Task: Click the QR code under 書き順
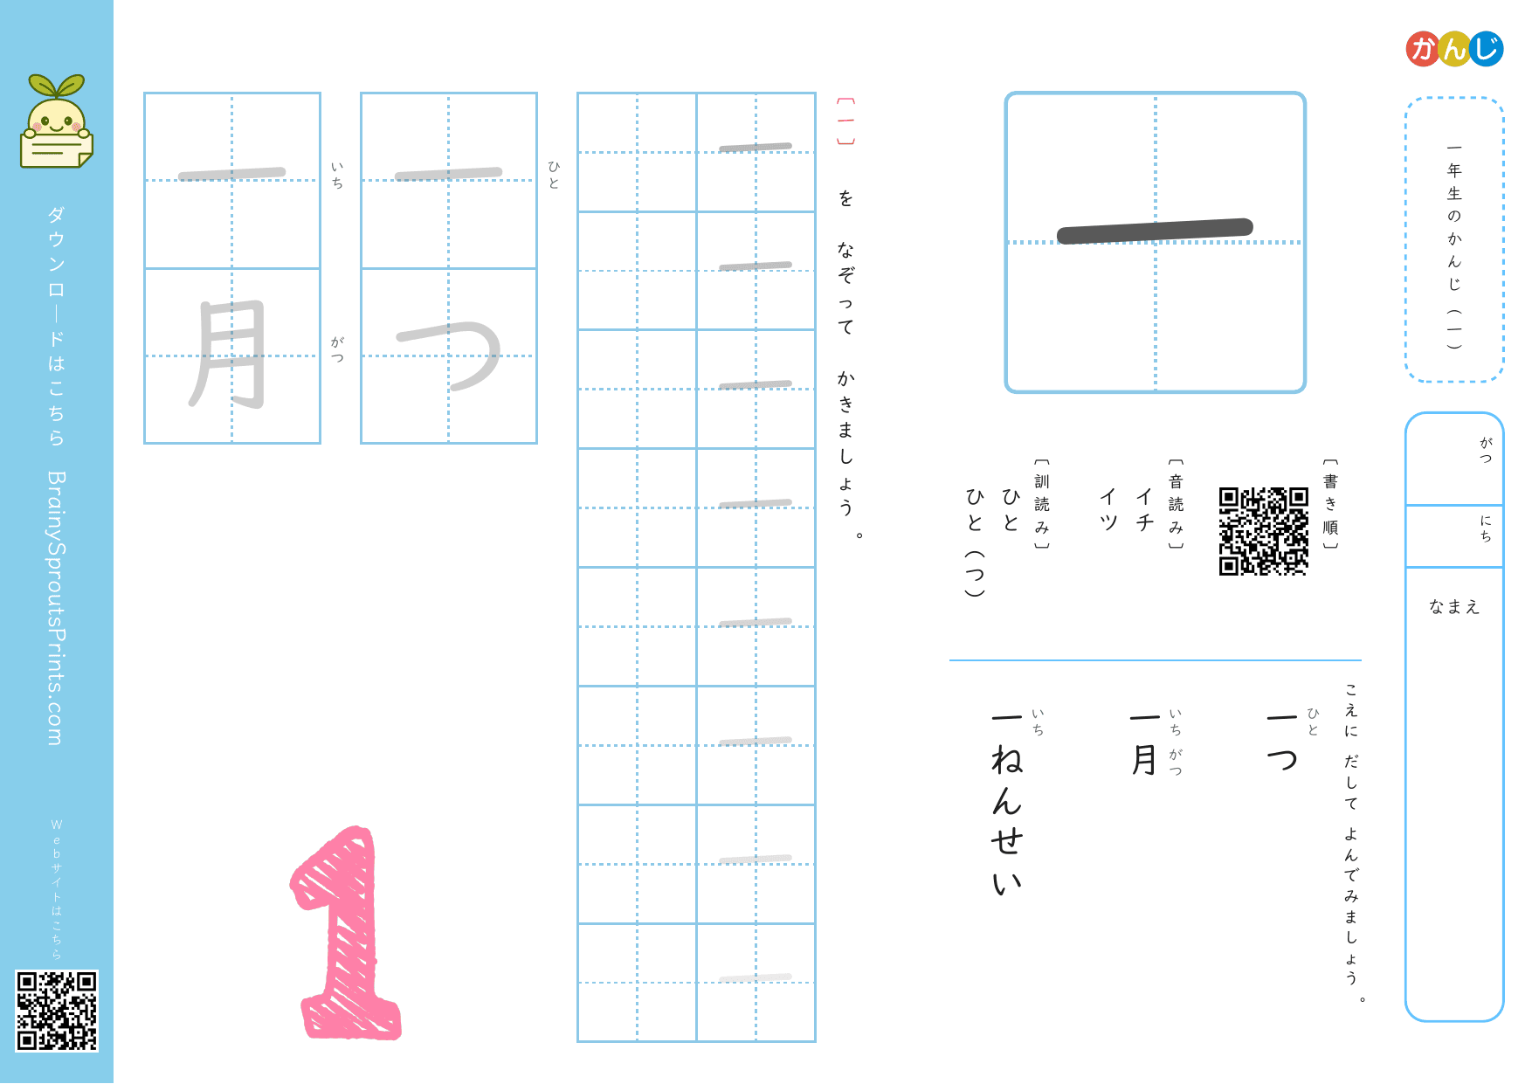click(x=1264, y=531)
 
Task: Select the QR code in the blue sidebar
click(x=57, y=1011)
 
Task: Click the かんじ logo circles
click(x=1454, y=49)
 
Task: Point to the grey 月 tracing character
click(x=229, y=355)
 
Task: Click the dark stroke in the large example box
click(x=1155, y=231)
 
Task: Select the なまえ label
click(x=1454, y=606)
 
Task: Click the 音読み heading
click(x=1176, y=504)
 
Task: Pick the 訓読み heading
click(x=1041, y=504)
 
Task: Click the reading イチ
click(x=1144, y=509)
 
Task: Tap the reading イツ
click(x=1108, y=509)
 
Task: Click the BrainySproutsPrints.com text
click(x=57, y=608)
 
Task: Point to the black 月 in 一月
click(x=1144, y=760)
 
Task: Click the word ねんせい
click(x=1007, y=821)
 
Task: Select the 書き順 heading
click(x=1330, y=504)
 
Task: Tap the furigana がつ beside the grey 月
click(x=338, y=349)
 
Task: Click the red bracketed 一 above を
click(x=845, y=121)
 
